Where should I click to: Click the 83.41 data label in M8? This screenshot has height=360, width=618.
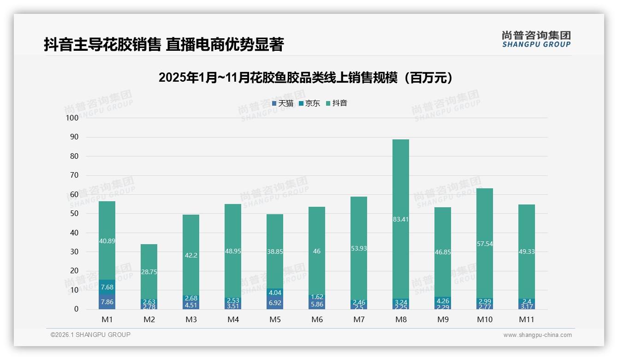pyautogui.click(x=401, y=219)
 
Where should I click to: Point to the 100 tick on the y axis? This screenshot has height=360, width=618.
pyautogui.click(x=72, y=118)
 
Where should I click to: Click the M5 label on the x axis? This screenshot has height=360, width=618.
pyautogui.click(x=275, y=319)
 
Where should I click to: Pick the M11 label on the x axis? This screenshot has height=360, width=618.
pyautogui.click(x=527, y=319)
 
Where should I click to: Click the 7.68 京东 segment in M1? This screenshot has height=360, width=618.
pyautogui.click(x=107, y=287)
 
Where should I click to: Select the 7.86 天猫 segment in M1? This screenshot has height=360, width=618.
pyautogui.click(x=107, y=302)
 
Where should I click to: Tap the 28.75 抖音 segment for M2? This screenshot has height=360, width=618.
pyautogui.click(x=149, y=272)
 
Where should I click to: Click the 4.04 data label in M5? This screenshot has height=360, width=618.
pyautogui.click(x=275, y=293)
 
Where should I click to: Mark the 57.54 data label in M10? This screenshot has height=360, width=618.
pyautogui.click(x=485, y=244)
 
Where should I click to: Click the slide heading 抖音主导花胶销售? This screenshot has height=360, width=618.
pyautogui.click(x=164, y=44)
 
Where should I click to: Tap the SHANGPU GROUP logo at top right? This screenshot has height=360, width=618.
pyautogui.click(x=536, y=39)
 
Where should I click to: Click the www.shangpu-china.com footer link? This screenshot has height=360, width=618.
pyautogui.click(x=537, y=335)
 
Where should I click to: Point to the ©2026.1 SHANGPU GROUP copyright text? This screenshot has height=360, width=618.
pyautogui.click(x=90, y=335)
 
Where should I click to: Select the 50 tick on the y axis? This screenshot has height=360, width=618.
pyautogui.click(x=74, y=214)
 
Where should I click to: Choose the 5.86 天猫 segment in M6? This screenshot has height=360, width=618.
pyautogui.click(x=317, y=304)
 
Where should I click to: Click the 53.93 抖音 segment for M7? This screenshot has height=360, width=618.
pyautogui.click(x=359, y=248)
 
